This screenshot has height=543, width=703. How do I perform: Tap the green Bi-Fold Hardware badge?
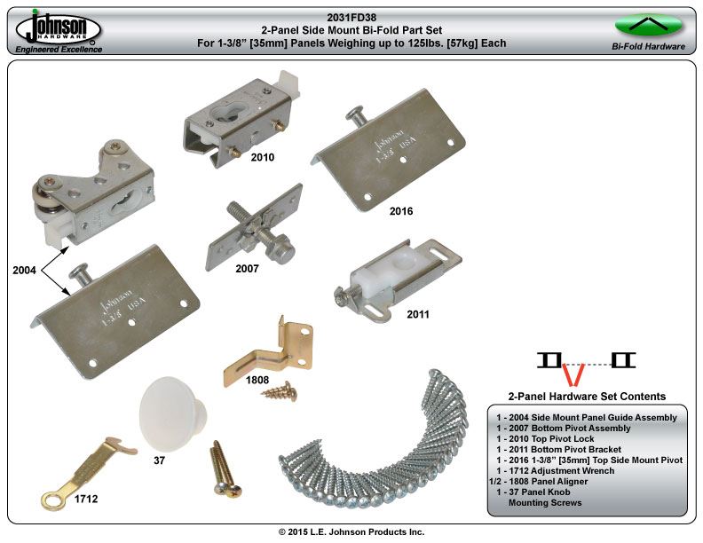point(647,25)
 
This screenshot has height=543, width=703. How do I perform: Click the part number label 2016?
point(401,211)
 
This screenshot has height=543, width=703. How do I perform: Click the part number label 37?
point(160,460)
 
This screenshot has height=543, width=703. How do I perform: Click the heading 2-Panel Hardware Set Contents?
point(587,397)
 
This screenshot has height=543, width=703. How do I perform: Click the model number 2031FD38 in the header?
point(351,15)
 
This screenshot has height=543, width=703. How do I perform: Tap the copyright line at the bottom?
point(351,531)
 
